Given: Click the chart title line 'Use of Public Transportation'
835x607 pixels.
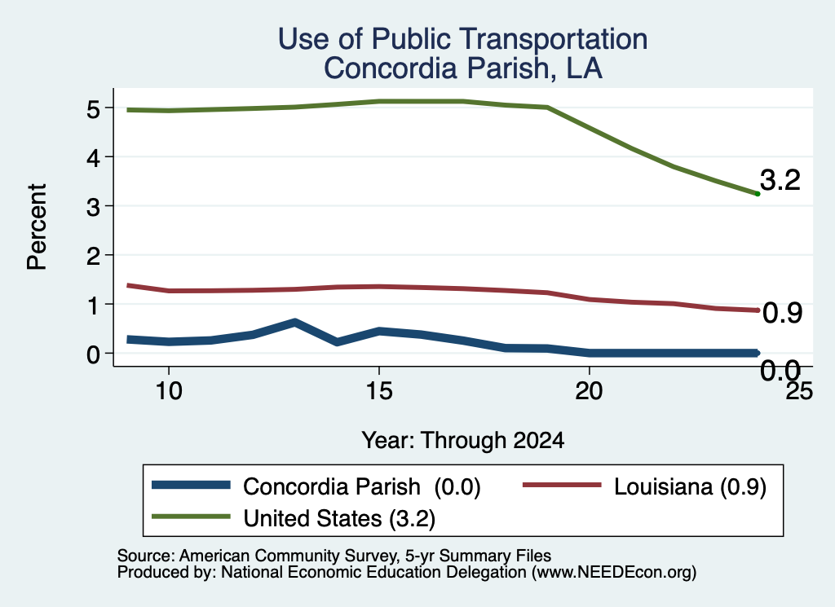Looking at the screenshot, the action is pyautogui.click(x=462, y=39).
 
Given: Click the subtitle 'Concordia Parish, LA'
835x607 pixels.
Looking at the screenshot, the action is pyautogui.click(x=463, y=68).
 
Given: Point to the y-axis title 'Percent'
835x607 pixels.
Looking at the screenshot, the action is pyautogui.click(x=37, y=227).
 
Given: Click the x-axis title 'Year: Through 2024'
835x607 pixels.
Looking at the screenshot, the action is pyautogui.click(x=463, y=441).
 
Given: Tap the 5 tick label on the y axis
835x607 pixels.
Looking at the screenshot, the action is pyautogui.click(x=93, y=109).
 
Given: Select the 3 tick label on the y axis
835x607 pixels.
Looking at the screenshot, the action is pyautogui.click(x=93, y=207).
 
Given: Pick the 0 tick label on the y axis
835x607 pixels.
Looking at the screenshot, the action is pyautogui.click(x=93, y=354).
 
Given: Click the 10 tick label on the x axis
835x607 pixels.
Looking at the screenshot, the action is pyautogui.click(x=169, y=391).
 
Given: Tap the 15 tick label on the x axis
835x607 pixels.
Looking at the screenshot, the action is pyautogui.click(x=379, y=391).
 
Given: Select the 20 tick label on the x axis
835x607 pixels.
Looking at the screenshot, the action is pyautogui.click(x=589, y=391).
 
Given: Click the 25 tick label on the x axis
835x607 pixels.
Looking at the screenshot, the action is pyautogui.click(x=799, y=391).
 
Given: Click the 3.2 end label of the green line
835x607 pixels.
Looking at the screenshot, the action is pyautogui.click(x=780, y=180).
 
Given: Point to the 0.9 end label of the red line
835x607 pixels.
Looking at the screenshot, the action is pyautogui.click(x=782, y=314).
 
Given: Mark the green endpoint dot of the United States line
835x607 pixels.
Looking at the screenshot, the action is pyautogui.click(x=758, y=194).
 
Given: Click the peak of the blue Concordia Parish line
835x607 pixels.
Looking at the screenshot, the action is pyautogui.click(x=294, y=323).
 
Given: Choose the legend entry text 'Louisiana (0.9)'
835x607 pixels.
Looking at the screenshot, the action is pyautogui.click(x=690, y=486).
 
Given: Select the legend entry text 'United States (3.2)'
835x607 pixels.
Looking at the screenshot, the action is pyautogui.click(x=339, y=519).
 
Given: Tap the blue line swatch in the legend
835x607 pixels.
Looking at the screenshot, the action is pyautogui.click(x=191, y=485).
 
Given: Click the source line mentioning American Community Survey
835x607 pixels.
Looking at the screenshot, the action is pyautogui.click(x=334, y=556).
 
